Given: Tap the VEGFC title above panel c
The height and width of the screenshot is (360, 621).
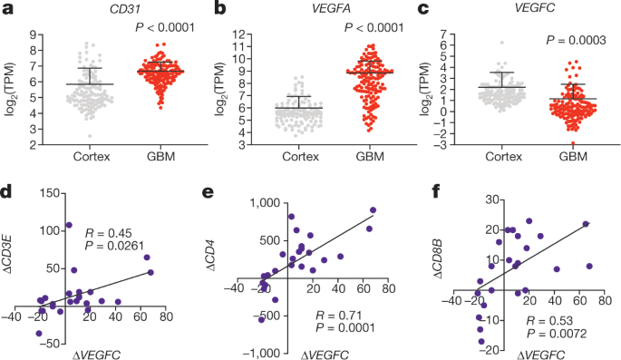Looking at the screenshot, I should (519, 10).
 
